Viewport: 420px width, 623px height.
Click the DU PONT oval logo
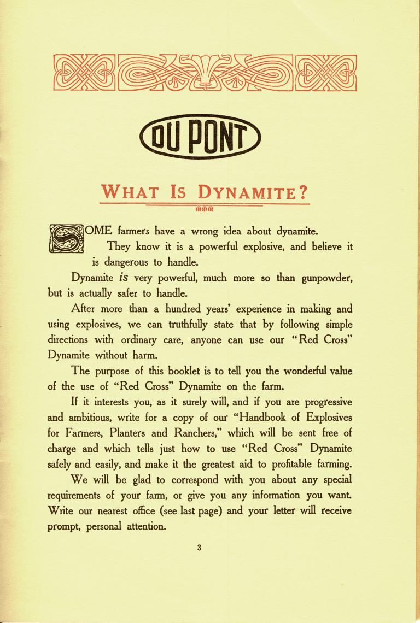(200, 136)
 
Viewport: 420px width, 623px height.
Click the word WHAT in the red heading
(130, 193)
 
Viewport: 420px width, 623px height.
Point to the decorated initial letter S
(66, 238)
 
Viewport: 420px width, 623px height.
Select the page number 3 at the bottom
(200, 548)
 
